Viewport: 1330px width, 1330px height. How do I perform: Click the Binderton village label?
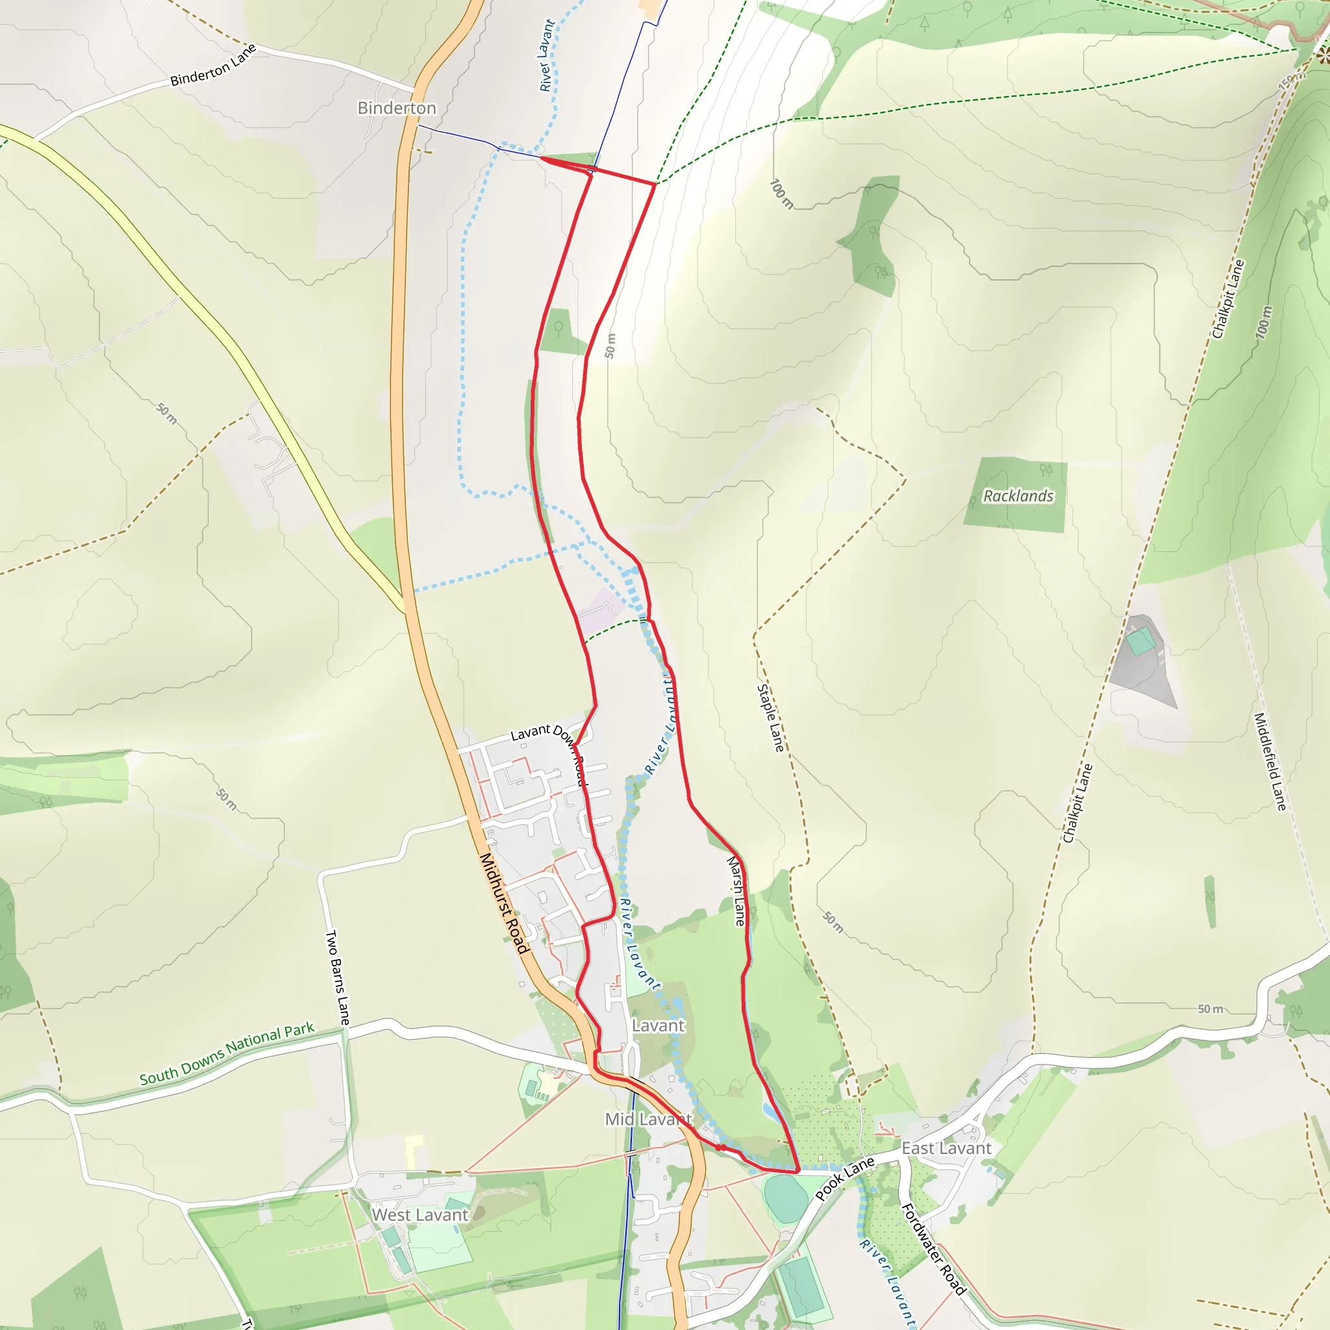coord(397,108)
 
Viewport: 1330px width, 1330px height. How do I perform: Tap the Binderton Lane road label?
coord(214,66)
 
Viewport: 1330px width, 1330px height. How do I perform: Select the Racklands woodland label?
coord(1018,496)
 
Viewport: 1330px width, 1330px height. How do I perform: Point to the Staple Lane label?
coord(770,718)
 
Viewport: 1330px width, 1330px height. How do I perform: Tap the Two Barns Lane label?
coord(337,977)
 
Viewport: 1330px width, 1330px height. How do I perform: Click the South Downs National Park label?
coord(227,1053)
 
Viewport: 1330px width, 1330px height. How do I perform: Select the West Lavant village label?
coord(420,1215)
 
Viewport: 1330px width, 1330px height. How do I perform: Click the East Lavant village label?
coord(947,1148)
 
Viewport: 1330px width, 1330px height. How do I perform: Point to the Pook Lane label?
coord(845,1179)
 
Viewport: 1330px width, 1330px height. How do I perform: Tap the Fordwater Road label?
coord(933,1249)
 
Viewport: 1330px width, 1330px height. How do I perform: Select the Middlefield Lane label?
coord(1270,761)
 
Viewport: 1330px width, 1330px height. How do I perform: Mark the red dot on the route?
coord(719,1148)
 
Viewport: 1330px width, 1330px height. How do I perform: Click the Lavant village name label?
coord(658,1025)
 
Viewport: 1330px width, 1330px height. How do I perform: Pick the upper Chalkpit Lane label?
coord(1229,299)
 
